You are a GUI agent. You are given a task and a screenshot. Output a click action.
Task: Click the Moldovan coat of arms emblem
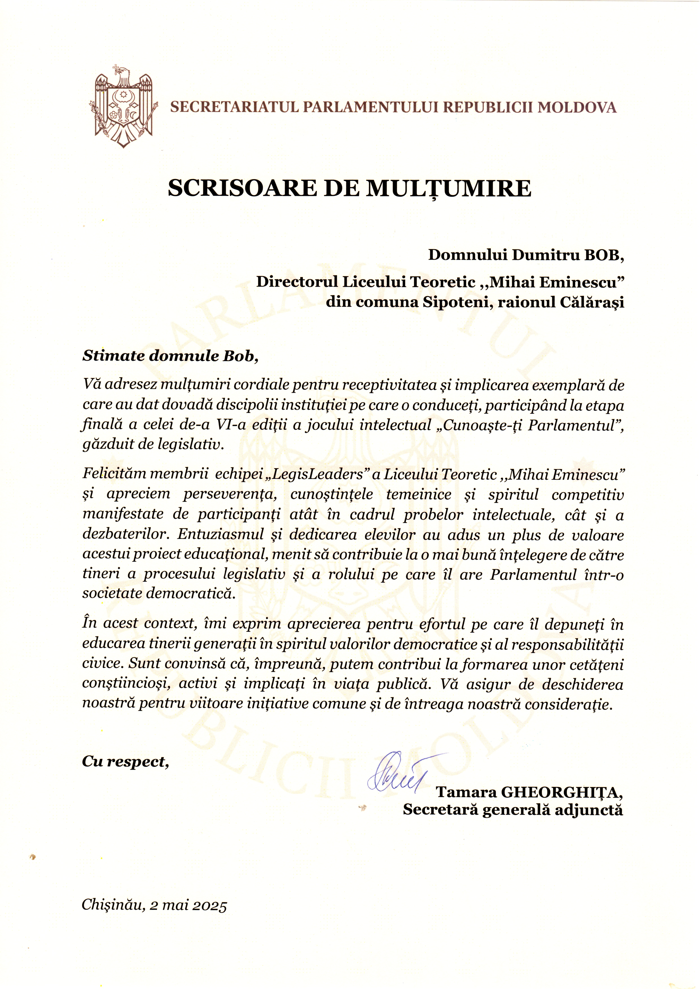point(124,106)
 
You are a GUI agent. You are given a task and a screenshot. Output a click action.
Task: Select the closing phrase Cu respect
point(125,762)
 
